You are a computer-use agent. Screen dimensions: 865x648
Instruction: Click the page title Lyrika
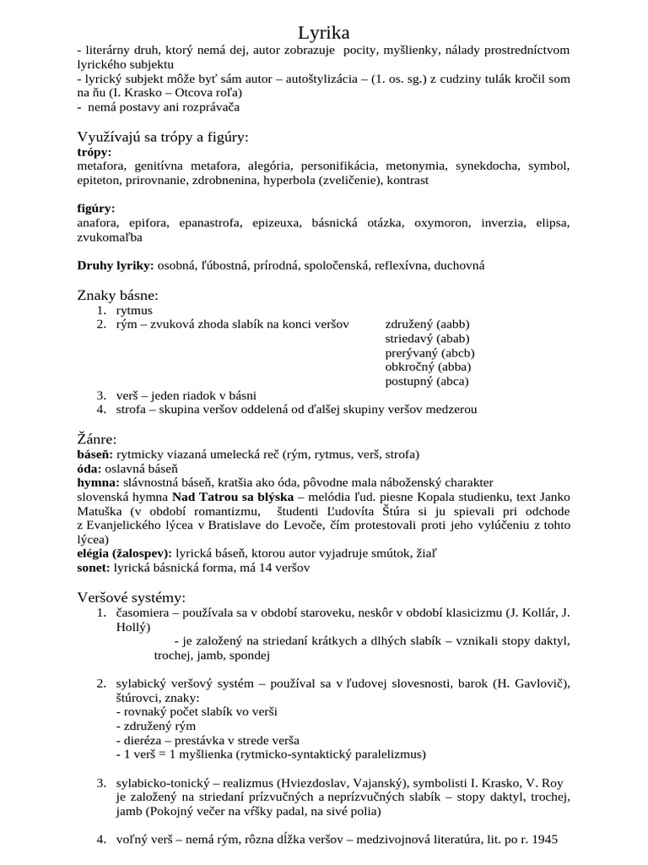(x=323, y=33)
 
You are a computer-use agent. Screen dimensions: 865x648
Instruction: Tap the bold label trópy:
(x=94, y=152)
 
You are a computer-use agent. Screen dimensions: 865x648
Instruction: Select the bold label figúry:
(x=96, y=209)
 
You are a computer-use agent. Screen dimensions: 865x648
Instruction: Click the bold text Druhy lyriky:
(x=116, y=265)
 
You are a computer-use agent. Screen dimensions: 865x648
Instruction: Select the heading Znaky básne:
(x=118, y=295)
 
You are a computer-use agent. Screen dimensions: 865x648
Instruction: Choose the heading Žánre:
(x=97, y=438)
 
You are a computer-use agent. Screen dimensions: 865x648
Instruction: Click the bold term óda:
(x=89, y=468)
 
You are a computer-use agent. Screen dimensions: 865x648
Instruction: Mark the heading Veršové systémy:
(x=131, y=597)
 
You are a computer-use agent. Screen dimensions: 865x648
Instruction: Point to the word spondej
(x=250, y=655)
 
